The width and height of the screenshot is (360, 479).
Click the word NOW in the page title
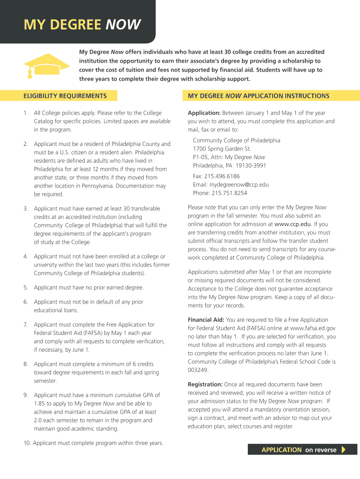point(122,24)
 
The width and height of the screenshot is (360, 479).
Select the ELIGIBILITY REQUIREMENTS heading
point(65,96)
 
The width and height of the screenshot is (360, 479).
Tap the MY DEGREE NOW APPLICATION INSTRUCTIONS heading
point(259,96)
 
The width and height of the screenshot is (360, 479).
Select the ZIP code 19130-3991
point(251,166)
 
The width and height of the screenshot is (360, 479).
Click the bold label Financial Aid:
point(205,320)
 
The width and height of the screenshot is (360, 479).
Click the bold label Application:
point(204,113)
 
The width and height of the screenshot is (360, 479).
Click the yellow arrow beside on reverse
point(344,450)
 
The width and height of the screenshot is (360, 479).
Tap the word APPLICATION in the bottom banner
point(281,450)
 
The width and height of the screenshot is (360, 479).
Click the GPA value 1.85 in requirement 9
point(40,404)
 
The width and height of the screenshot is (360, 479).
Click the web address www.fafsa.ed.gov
point(313,328)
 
